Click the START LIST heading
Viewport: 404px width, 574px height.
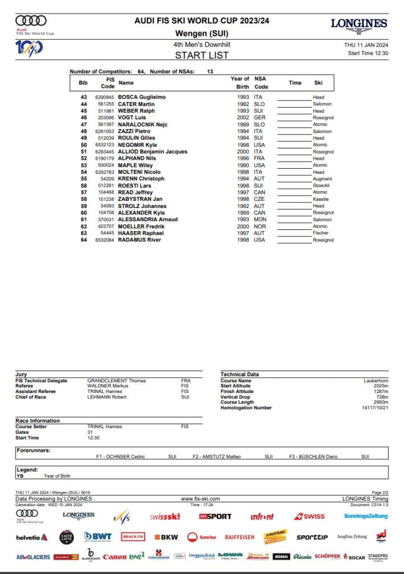tap(202, 55)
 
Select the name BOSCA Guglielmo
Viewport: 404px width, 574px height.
tap(142, 98)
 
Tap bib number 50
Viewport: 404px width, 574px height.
tap(84, 145)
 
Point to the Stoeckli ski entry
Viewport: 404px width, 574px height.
tap(322, 186)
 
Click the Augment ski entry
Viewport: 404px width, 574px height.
tap(322, 179)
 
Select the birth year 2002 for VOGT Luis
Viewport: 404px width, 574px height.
tap(243, 118)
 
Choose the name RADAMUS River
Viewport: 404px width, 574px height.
tap(140, 240)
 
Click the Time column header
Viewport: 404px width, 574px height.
tap(295, 83)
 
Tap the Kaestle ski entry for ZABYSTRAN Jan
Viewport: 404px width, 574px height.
tap(321, 199)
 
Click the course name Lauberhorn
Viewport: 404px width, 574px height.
tap(375, 381)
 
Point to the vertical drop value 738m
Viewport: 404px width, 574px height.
tap(382, 397)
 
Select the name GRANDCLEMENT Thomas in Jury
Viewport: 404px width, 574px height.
tap(116, 381)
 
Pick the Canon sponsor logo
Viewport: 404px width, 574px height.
tap(115, 557)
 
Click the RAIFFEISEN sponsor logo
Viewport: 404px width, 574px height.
tap(240, 537)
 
